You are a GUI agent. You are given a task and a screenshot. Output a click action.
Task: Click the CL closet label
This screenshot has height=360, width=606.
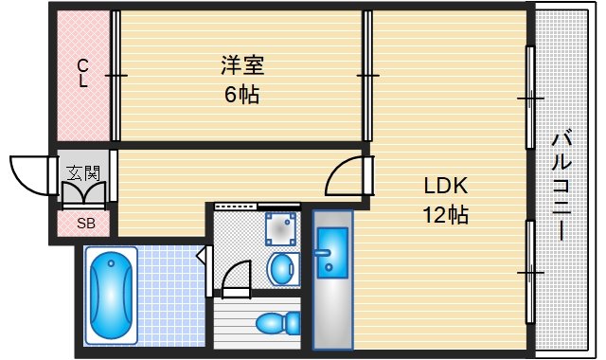point(83,73)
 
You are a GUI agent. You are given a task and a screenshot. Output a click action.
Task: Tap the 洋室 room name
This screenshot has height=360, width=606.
point(241,65)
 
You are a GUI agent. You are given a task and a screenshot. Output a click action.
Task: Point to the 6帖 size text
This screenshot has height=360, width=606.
point(242,94)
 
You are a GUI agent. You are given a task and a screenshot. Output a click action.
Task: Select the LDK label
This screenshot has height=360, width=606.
point(446,185)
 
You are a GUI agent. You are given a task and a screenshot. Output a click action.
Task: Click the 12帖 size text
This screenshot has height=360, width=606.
point(446,214)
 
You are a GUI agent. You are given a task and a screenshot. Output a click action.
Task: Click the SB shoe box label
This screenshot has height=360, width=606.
point(85,225)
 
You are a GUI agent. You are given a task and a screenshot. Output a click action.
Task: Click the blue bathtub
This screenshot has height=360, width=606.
point(112,294)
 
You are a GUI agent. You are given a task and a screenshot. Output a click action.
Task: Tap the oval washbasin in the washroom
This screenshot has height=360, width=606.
point(281,269)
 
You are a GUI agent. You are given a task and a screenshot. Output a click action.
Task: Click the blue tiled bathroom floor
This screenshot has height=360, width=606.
point(170,294)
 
